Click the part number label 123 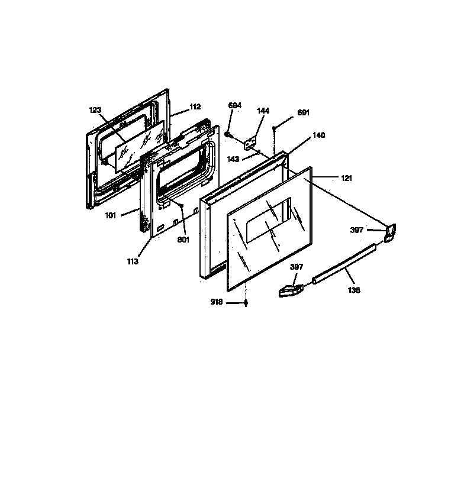tap(95, 110)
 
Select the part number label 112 tap(195, 107)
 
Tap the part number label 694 tap(235, 105)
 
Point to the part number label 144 tap(263, 110)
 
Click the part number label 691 tap(304, 112)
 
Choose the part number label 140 tap(319, 135)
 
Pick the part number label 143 tap(233, 159)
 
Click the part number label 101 tap(111, 215)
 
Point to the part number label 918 tap(217, 302)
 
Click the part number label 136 tap(354, 290)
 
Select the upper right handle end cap tap(390, 232)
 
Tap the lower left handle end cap tap(291, 291)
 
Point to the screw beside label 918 tap(246, 303)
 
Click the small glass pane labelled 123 tap(139, 148)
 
